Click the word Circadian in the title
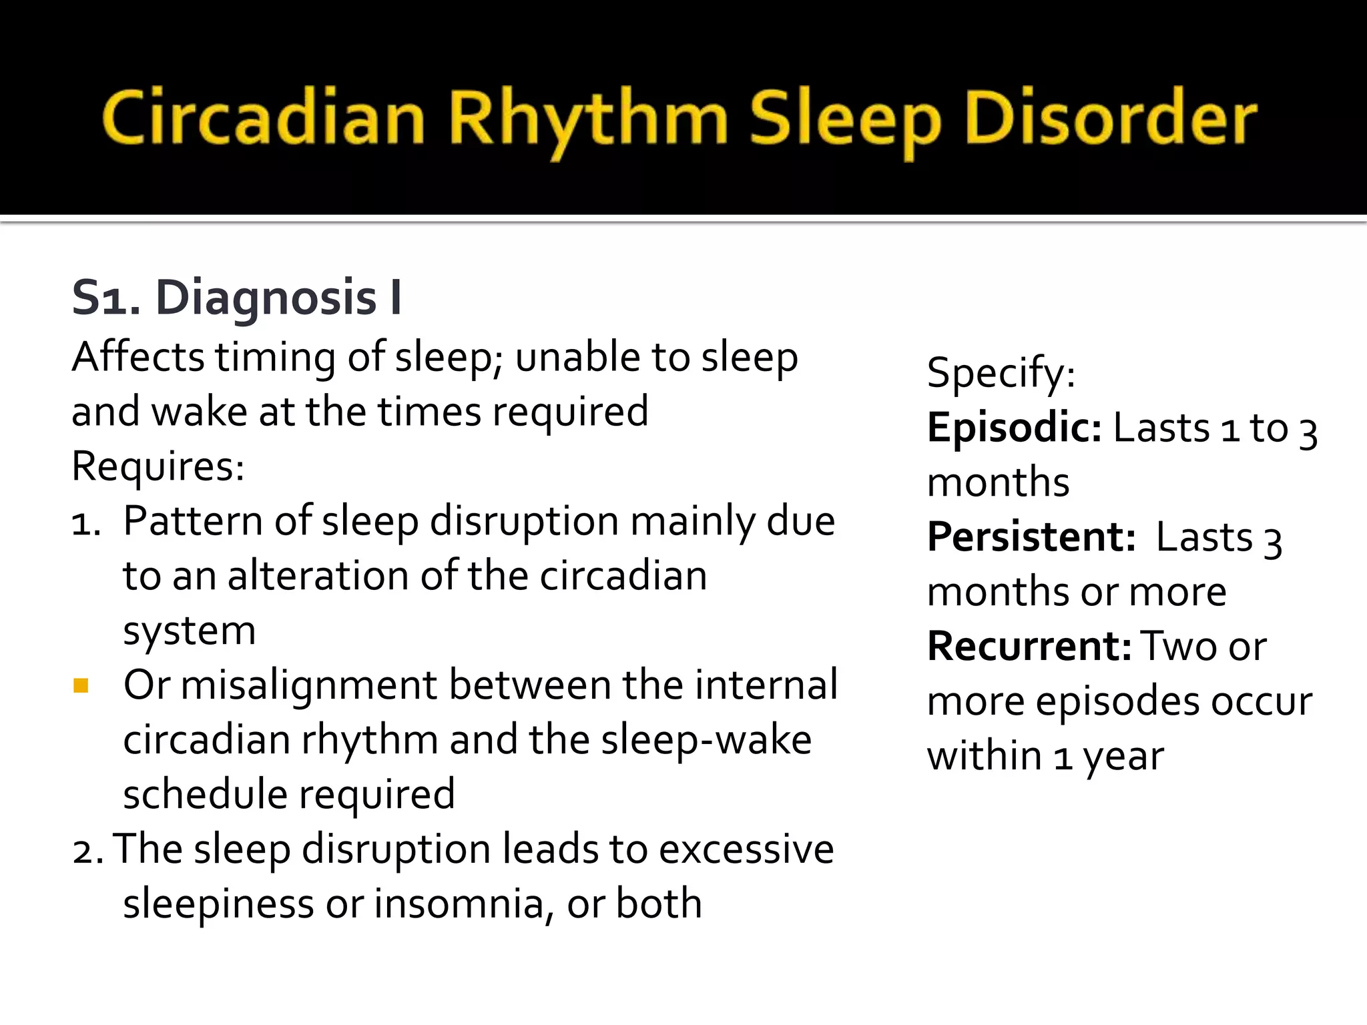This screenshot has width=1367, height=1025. tap(263, 119)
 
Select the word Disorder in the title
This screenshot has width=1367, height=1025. tap(1111, 119)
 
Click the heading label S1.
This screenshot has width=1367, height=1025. tap(105, 298)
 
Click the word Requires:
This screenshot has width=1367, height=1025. tap(158, 466)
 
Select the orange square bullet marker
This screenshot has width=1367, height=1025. tap(81, 686)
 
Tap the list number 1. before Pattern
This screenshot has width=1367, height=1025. tap(86, 523)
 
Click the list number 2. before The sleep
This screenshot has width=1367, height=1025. tap(87, 851)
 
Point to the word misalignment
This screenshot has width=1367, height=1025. tap(308, 686)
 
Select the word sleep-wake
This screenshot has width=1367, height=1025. tap(706, 741)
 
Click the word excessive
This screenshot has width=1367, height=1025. tap(746, 849)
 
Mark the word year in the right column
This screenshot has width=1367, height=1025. tap(1123, 757)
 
